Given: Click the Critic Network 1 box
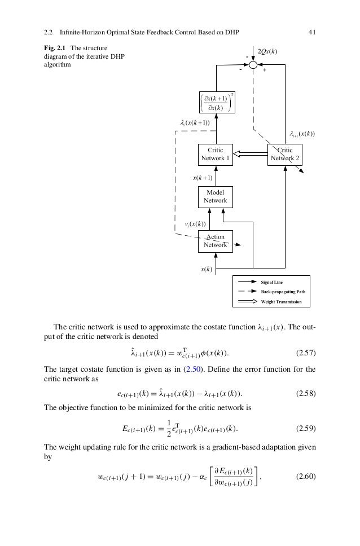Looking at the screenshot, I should point(215,155).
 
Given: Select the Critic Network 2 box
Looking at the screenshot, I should point(286,155).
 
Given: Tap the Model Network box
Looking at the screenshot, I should point(215,197).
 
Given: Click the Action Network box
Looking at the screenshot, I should point(215,241).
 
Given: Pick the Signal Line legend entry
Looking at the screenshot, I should point(274,281).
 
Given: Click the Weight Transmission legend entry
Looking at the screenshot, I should point(281,302).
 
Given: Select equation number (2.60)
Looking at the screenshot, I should point(306,479).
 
